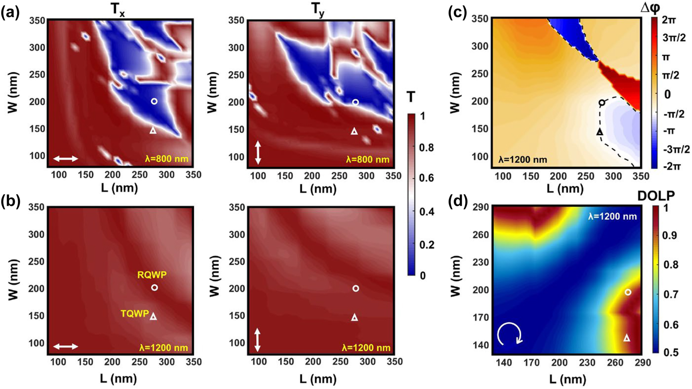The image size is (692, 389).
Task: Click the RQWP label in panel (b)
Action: point(152,275)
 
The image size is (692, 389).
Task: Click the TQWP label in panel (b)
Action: point(135,314)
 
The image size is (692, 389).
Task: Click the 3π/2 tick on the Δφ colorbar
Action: point(674,38)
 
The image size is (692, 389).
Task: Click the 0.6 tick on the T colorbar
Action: point(427,178)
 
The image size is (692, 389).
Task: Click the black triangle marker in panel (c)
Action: point(600,132)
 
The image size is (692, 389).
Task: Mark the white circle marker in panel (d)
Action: point(628,292)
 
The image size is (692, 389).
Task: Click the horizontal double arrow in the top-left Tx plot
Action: point(65,159)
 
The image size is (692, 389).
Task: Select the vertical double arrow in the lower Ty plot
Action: point(257,340)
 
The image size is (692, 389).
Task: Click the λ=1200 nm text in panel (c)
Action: point(522,160)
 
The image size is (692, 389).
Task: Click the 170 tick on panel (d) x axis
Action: point(531,363)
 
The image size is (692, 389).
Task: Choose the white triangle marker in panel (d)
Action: point(627,338)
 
